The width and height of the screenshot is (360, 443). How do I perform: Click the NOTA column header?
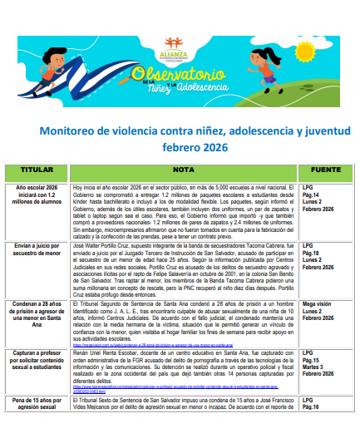click(x=184, y=170)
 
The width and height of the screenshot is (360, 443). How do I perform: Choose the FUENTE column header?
click(x=325, y=170)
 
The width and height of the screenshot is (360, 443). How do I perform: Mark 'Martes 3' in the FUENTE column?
click(x=314, y=342)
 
